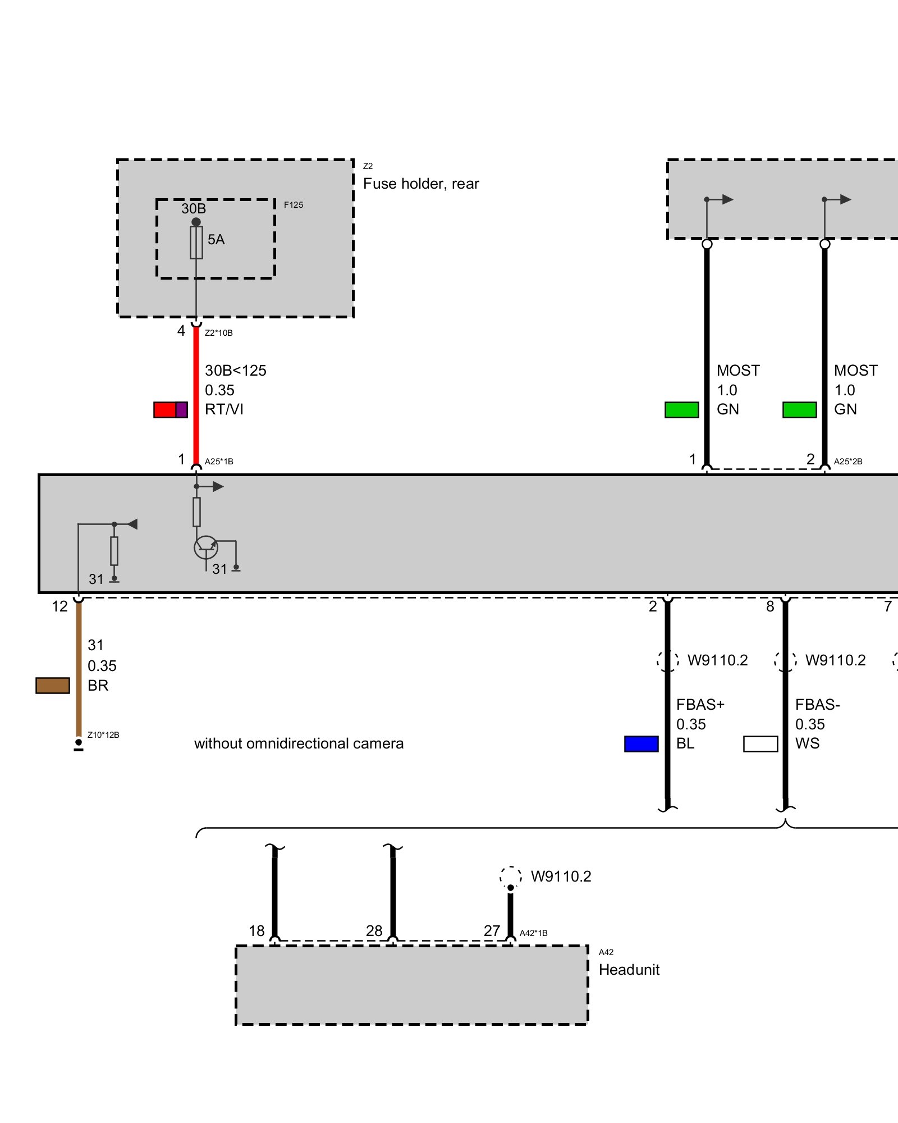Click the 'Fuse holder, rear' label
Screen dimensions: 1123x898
421,184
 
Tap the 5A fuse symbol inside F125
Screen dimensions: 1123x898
196,243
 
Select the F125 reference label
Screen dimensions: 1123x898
293,205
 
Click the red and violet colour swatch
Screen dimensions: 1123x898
171,410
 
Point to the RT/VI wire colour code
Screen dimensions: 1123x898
224,409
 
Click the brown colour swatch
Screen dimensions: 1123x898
53,686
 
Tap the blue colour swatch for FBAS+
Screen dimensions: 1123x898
641,744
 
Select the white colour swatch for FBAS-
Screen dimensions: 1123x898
760,744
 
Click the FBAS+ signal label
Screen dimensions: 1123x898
700,705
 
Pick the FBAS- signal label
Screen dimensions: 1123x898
817,705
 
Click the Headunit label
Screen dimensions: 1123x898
629,970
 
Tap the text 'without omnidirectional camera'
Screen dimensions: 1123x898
299,743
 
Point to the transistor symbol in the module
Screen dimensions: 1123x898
206,547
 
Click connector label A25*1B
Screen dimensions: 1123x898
219,462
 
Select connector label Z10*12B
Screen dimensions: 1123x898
103,735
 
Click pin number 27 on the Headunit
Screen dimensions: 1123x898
492,931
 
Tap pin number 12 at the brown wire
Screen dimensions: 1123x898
59,606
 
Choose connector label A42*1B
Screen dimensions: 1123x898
533,933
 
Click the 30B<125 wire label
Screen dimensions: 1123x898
236,371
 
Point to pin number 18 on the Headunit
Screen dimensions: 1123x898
256,931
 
